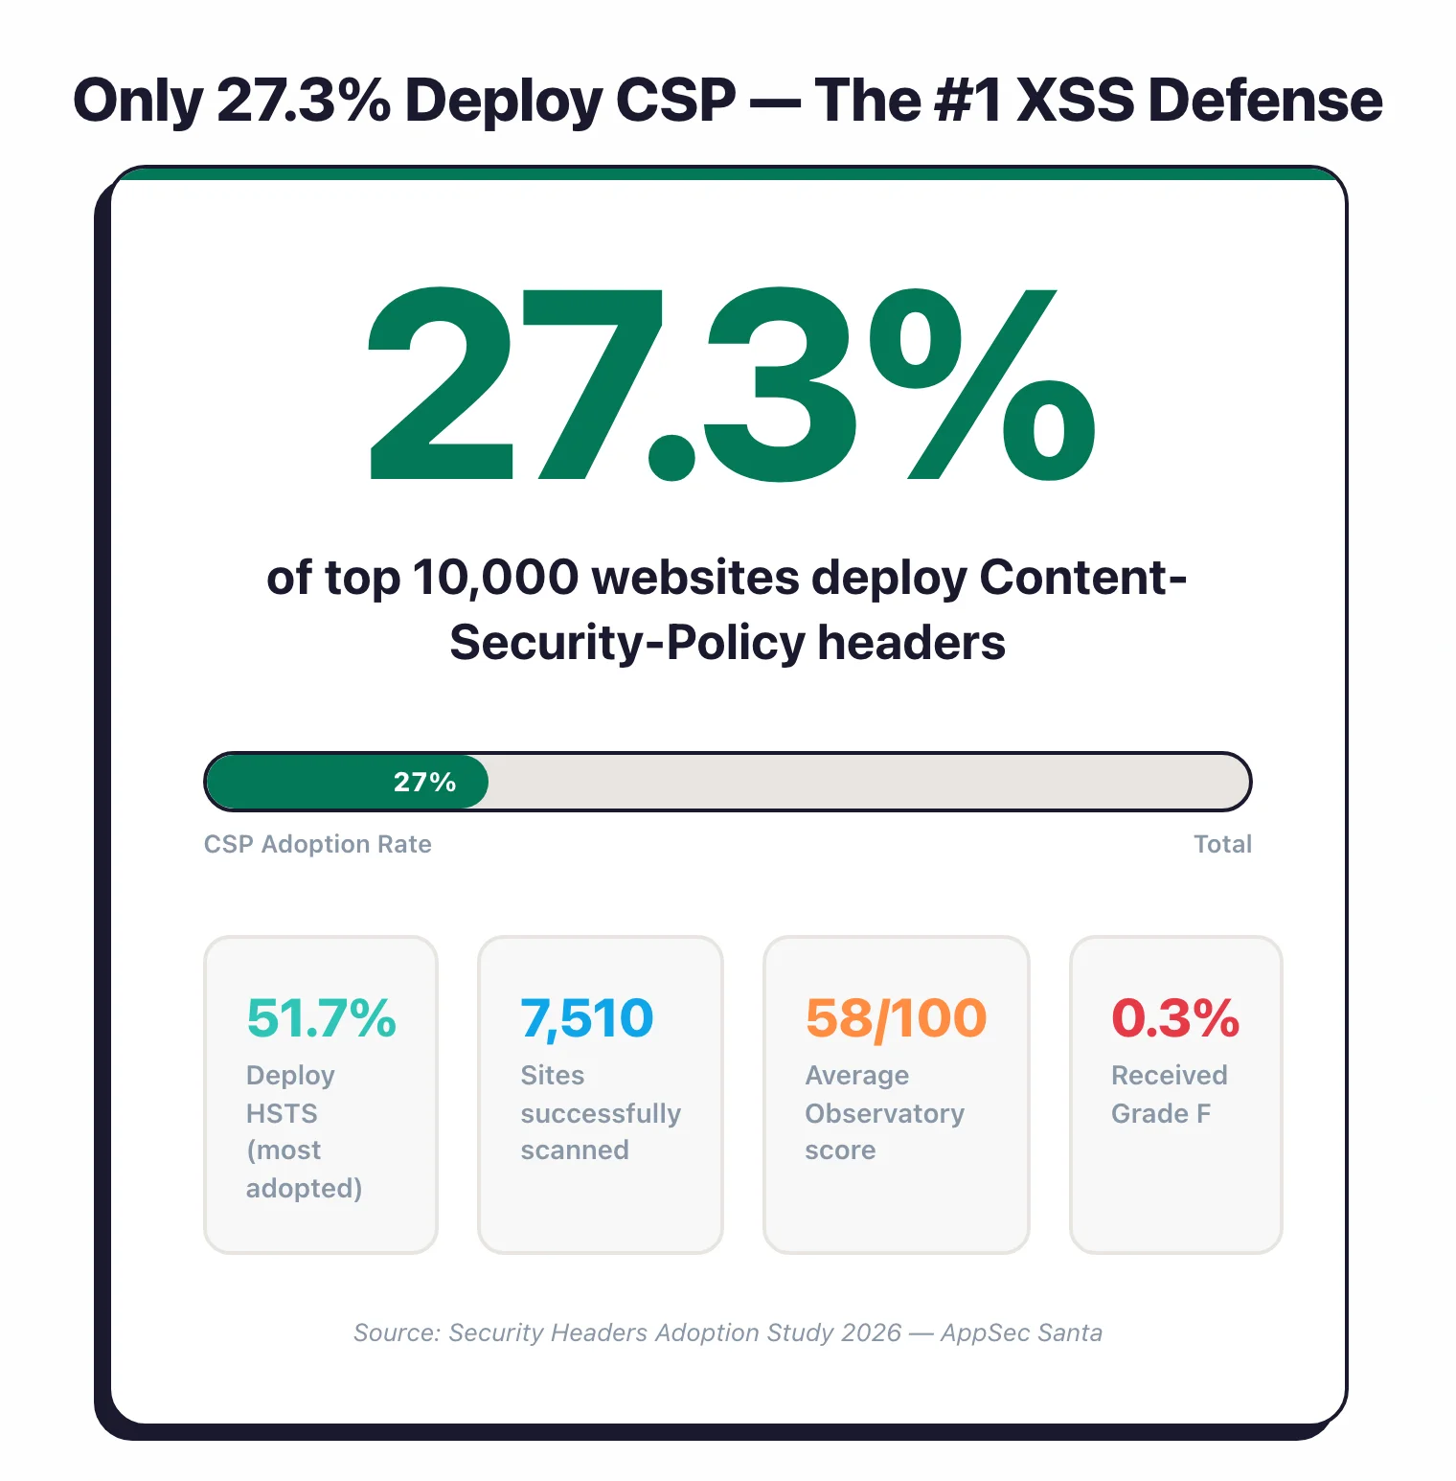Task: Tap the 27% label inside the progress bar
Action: click(424, 782)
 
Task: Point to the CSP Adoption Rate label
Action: click(317, 844)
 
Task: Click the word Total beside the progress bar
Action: click(1222, 844)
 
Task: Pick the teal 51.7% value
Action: click(321, 1017)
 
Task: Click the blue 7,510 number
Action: click(586, 1017)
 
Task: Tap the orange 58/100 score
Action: click(896, 1017)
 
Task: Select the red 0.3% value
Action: click(1174, 1017)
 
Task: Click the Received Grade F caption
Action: click(1169, 1094)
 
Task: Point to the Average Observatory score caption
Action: click(884, 1112)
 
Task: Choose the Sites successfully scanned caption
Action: click(600, 1112)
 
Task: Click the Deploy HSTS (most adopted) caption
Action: click(303, 1131)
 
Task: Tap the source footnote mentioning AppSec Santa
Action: click(728, 1333)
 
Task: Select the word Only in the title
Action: click(138, 100)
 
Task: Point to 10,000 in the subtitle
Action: click(495, 578)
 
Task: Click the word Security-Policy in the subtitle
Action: click(627, 643)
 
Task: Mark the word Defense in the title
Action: click(1264, 100)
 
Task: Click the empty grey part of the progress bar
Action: click(862, 782)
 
